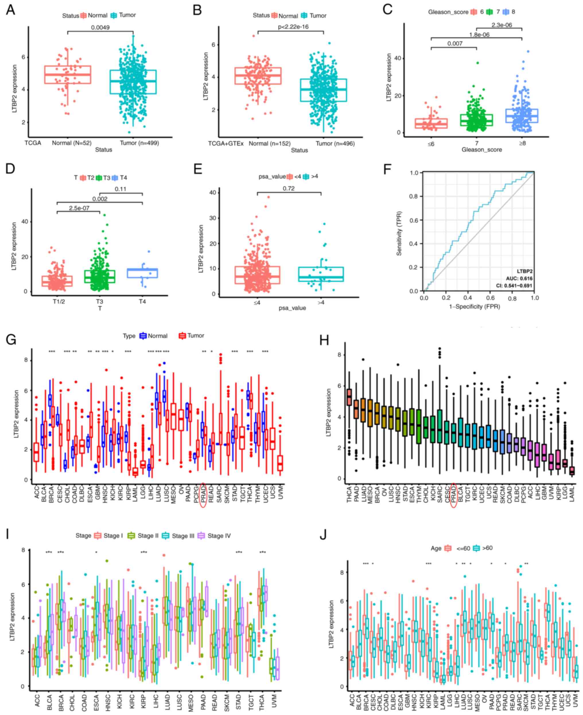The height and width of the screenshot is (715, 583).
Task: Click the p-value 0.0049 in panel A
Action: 100,28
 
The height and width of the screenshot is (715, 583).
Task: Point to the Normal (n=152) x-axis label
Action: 269,143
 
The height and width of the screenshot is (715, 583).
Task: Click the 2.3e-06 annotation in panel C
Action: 502,25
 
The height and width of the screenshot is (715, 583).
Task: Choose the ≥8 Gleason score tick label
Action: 522,143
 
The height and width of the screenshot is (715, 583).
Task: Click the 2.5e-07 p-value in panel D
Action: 79,208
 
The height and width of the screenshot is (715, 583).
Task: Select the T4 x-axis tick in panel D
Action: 142,301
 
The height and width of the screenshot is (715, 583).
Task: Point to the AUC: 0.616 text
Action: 519,278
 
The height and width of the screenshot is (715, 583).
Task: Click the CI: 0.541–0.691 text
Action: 514,286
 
